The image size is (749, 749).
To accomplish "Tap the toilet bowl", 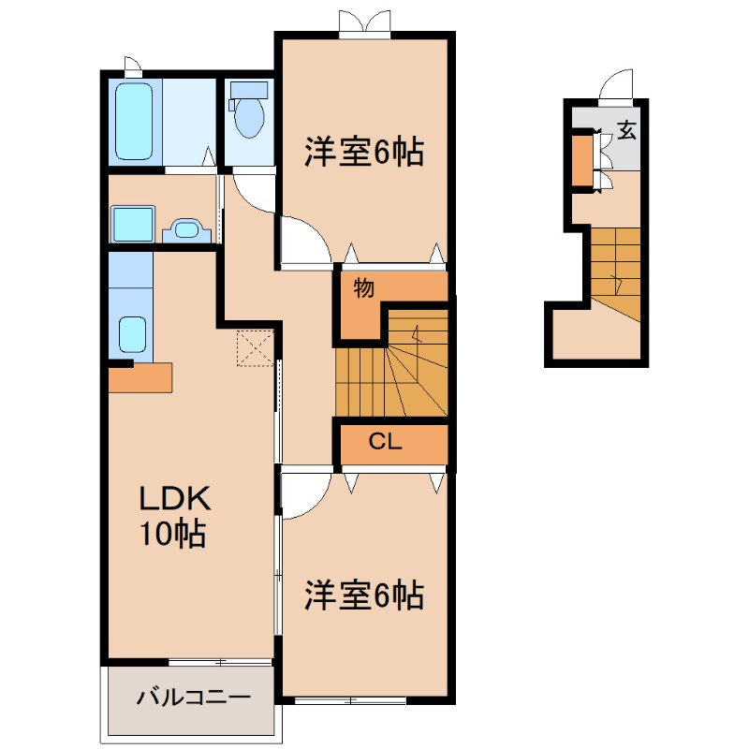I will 250,118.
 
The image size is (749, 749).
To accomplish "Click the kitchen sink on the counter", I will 131,333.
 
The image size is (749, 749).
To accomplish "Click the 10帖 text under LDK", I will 172,534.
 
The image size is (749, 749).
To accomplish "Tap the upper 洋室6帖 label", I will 363,151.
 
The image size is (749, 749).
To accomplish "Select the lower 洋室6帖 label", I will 363,595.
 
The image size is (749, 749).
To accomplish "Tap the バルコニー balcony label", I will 193,698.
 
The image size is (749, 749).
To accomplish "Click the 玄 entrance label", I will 625,130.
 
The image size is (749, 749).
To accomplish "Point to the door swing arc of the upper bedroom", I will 305,240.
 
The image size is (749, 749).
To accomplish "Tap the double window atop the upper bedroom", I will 364,23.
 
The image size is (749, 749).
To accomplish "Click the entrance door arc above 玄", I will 619,86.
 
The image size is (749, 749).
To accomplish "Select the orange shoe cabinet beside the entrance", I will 581,161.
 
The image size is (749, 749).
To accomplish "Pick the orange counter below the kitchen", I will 140,377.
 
